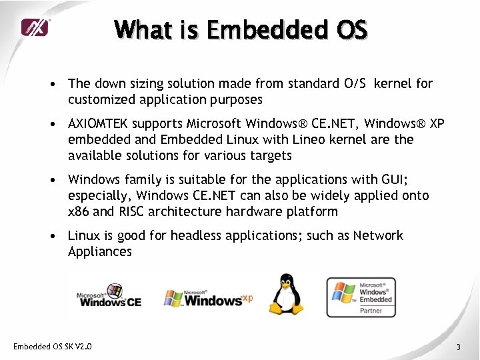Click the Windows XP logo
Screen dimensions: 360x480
click(x=209, y=298)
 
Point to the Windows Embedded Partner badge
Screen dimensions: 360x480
click(x=361, y=297)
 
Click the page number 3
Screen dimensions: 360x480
click(x=459, y=347)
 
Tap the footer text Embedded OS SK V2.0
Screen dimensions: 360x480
click(x=53, y=347)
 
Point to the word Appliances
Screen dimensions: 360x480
click(x=100, y=251)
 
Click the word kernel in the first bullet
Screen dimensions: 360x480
click(x=395, y=84)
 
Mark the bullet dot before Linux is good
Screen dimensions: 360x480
click(x=51, y=237)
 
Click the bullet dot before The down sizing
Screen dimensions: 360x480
click(x=51, y=85)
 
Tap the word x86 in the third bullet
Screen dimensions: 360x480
click(x=79, y=212)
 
